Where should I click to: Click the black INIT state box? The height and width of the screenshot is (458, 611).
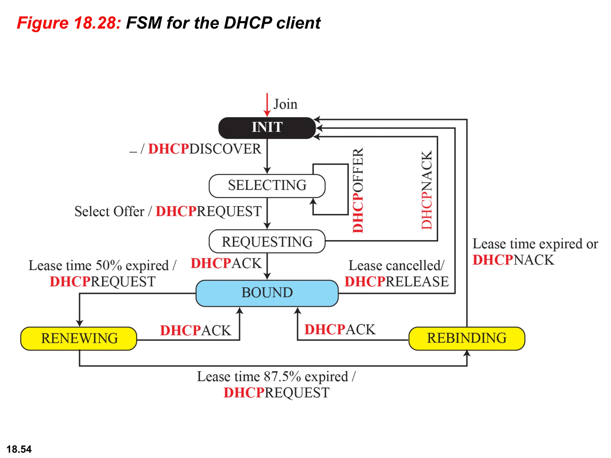pyautogui.click(x=267, y=128)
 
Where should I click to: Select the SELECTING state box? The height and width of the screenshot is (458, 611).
pyautogui.click(x=267, y=185)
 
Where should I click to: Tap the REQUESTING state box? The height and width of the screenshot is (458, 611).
pyautogui.click(x=267, y=242)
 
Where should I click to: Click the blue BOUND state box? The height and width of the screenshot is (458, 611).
pyautogui.click(x=267, y=293)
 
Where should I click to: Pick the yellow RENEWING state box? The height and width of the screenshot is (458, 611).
pyautogui.click(x=79, y=338)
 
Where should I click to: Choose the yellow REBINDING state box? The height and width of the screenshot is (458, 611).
pyautogui.click(x=467, y=338)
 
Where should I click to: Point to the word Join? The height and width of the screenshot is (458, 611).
pyautogui.click(x=286, y=104)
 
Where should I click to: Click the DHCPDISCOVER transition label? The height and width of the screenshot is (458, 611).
pyautogui.click(x=205, y=149)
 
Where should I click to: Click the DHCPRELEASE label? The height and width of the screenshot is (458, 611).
pyautogui.click(x=396, y=281)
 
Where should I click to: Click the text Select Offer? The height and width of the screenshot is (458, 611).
pyautogui.click(x=109, y=211)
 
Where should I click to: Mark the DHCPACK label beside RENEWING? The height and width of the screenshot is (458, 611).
pyautogui.click(x=195, y=330)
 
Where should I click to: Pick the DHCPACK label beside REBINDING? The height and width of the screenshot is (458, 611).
pyautogui.click(x=340, y=329)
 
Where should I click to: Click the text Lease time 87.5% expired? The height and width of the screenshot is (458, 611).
pyautogui.click(x=272, y=377)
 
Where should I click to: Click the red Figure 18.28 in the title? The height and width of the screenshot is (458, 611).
pyautogui.click(x=69, y=23)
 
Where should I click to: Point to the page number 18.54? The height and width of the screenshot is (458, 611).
pyautogui.click(x=19, y=449)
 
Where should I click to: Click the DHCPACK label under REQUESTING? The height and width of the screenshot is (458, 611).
pyautogui.click(x=226, y=263)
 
